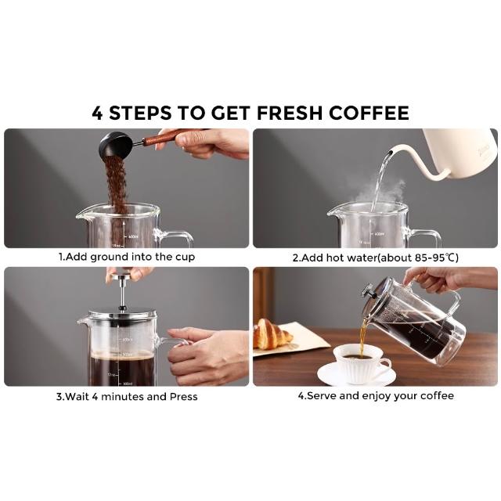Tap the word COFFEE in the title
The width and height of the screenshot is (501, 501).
point(369,113)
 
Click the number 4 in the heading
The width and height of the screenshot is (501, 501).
point(97,113)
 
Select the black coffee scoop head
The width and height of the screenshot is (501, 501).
point(115,145)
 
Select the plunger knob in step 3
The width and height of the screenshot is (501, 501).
point(121,273)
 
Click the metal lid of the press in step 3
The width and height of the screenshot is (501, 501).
point(122,314)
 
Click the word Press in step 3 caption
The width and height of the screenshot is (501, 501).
point(183,397)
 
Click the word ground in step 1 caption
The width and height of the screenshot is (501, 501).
point(110,258)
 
